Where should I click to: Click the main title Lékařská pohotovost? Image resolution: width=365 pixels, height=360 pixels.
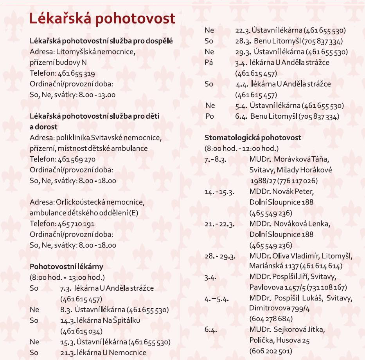click(x=102, y=19)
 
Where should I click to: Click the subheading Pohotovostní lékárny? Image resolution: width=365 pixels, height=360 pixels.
click(x=67, y=267)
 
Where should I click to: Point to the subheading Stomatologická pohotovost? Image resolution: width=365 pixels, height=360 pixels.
click(x=253, y=138)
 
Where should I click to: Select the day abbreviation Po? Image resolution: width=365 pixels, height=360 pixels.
click(x=209, y=116)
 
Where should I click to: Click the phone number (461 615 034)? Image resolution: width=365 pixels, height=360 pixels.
click(x=81, y=331)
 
